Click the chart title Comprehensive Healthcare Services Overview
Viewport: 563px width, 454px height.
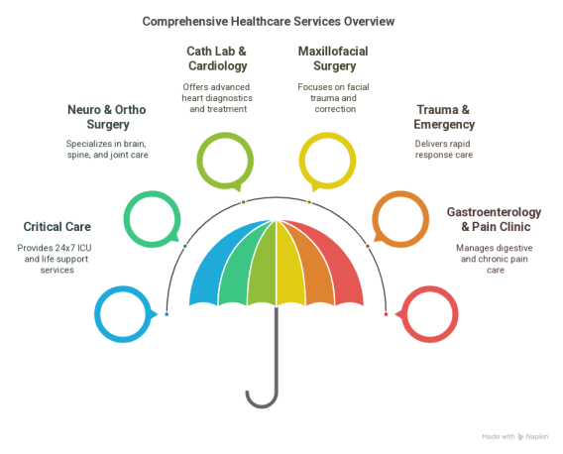269,22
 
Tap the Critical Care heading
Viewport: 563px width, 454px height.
57,227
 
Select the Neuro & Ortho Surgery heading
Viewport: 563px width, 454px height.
107,117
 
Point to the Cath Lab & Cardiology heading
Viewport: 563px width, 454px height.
217,58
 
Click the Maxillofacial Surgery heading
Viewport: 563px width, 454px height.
333,58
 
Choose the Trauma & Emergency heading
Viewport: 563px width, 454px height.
444,117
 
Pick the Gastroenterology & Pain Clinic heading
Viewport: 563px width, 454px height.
495,219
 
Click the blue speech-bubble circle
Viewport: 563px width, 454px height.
97,314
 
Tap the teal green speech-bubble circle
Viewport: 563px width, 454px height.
127,219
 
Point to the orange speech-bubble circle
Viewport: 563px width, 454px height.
426,219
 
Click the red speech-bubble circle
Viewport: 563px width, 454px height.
456,314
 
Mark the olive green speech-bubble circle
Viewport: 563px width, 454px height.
199,161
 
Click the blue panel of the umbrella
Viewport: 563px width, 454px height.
215,273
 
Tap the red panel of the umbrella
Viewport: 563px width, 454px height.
338,273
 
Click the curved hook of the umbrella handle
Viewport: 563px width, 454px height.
262,406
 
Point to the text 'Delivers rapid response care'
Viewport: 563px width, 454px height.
444,149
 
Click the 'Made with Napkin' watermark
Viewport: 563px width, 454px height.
514,437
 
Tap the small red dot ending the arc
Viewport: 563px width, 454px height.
386,314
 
